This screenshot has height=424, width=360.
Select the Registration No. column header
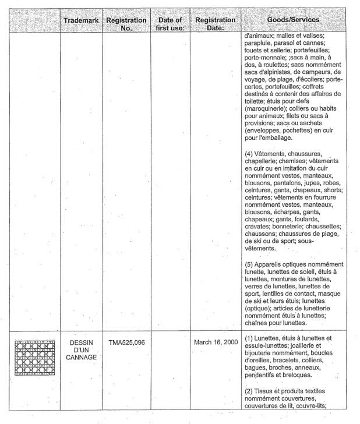[126, 24]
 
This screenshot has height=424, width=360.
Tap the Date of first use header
[170, 24]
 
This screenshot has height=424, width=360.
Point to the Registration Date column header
[215, 24]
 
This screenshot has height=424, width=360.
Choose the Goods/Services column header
[292, 20]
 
